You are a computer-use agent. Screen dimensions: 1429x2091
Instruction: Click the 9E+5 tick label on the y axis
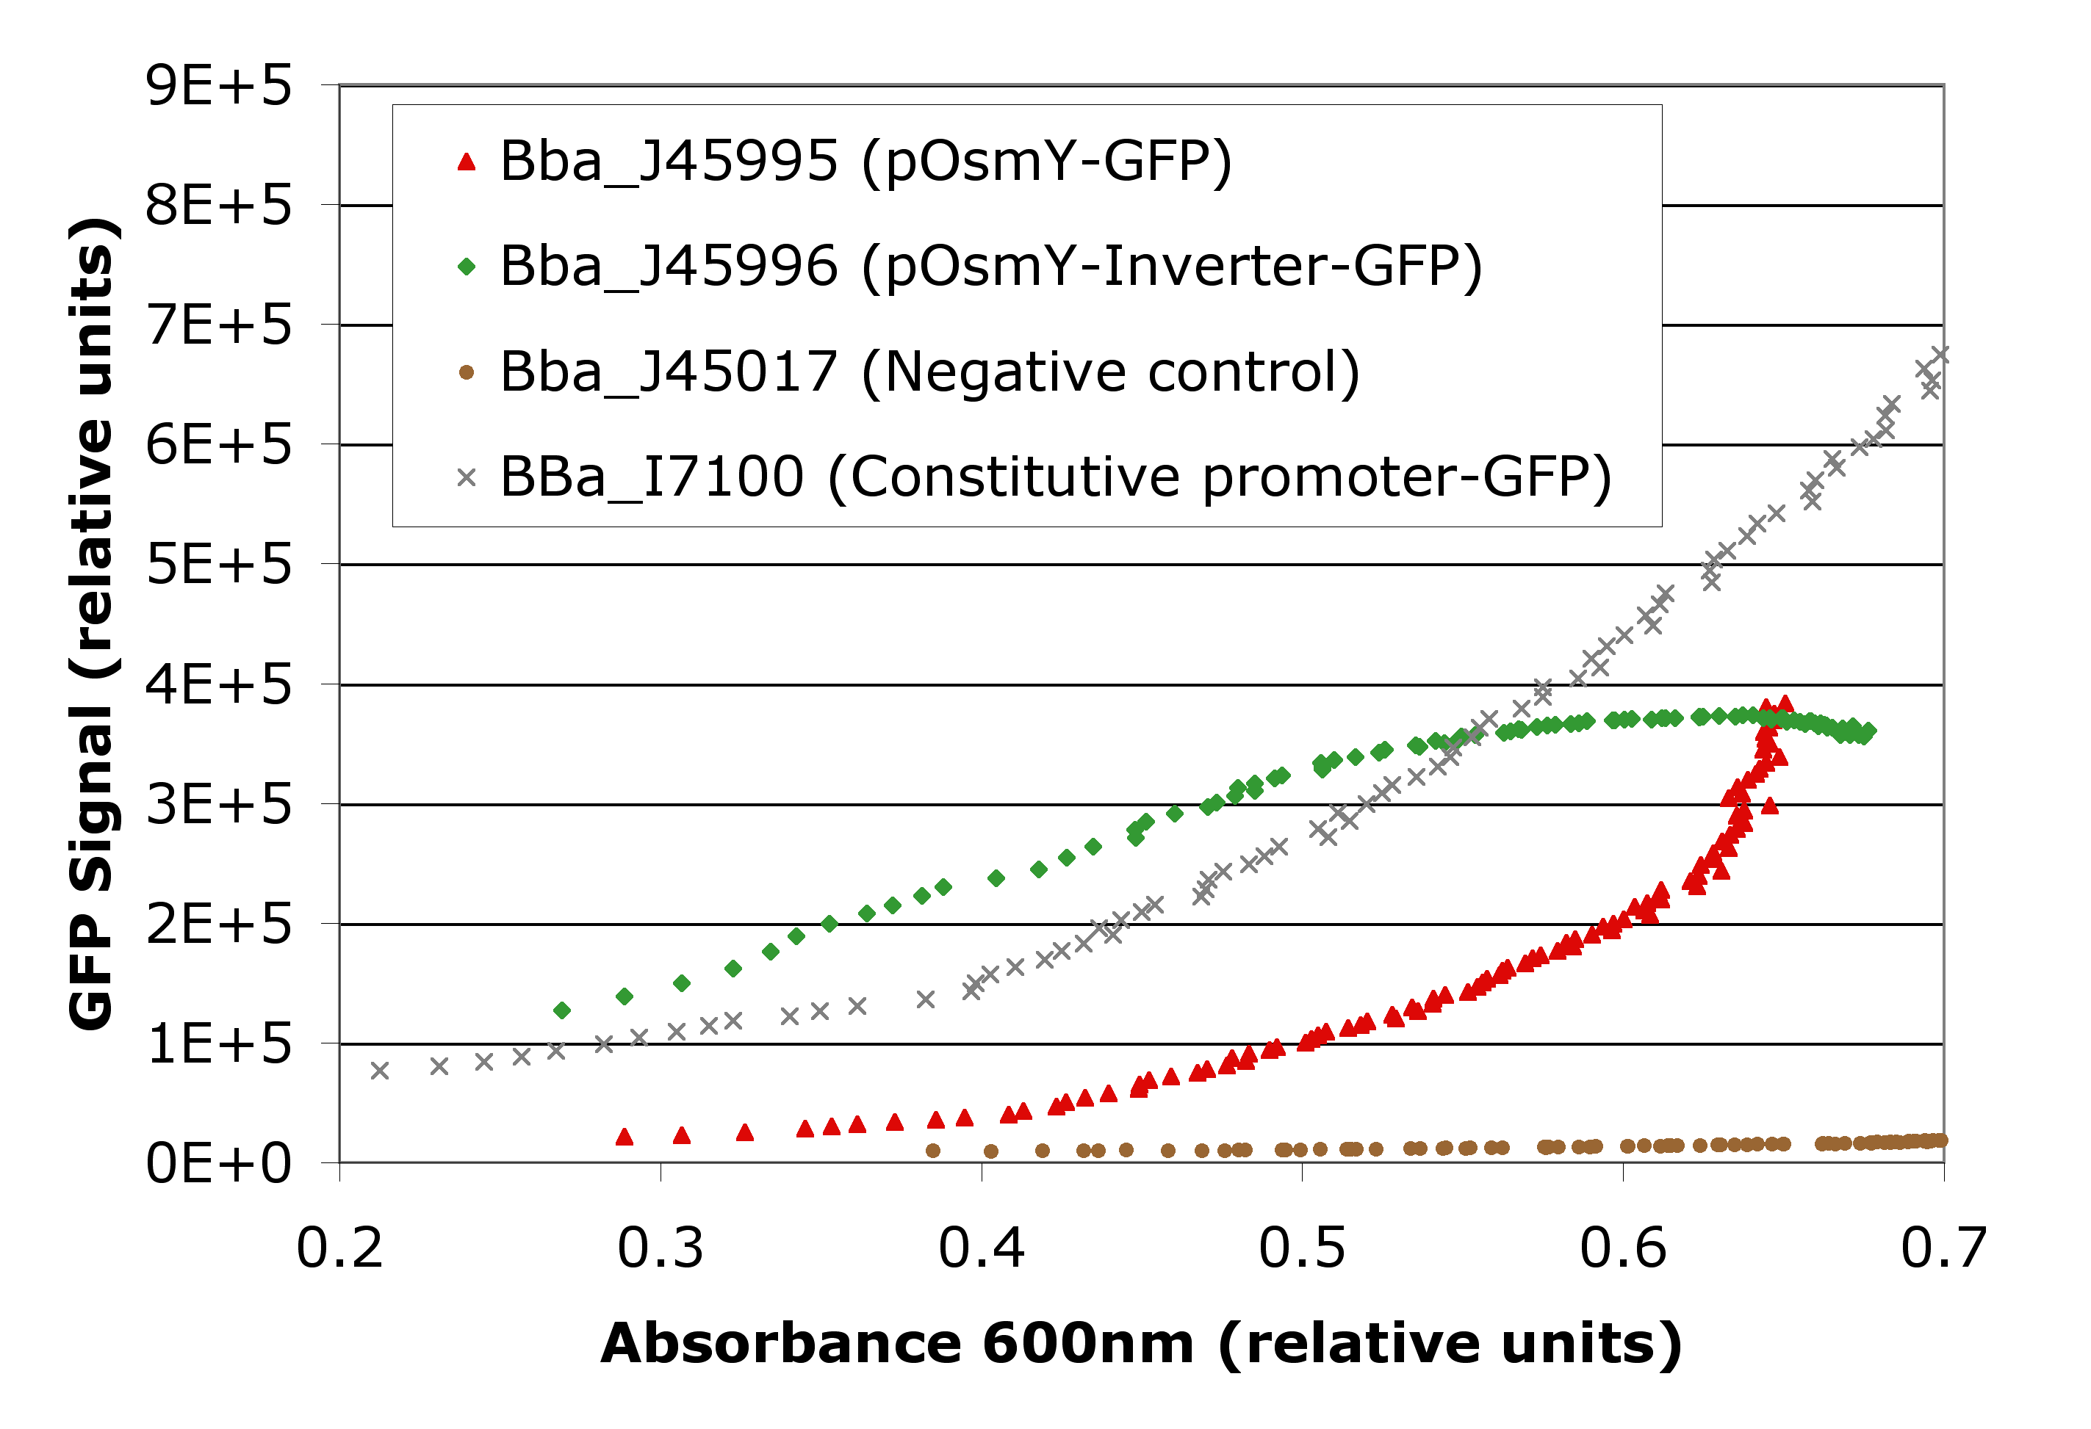tap(219, 87)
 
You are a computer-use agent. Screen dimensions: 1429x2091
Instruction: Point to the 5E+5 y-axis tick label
tap(219, 565)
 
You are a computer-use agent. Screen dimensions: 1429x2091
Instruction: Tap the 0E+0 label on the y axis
tap(219, 1164)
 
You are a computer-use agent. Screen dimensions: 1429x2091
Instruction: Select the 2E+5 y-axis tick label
tap(219, 925)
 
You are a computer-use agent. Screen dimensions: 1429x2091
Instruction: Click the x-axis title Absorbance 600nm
tap(1141, 1345)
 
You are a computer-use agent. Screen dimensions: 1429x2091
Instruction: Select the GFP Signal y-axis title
tap(92, 623)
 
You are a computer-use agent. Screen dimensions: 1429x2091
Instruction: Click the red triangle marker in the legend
tap(466, 162)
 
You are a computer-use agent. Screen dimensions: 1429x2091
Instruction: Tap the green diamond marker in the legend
tap(466, 267)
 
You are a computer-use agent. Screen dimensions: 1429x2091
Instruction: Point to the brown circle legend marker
tap(466, 372)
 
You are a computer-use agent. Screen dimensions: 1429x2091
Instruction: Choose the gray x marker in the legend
tap(466, 477)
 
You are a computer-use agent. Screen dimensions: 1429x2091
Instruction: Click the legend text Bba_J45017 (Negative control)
tap(929, 372)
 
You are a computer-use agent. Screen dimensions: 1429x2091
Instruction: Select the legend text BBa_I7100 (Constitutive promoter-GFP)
tap(1055, 477)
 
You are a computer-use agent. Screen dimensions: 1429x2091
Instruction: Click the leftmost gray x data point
tap(380, 1070)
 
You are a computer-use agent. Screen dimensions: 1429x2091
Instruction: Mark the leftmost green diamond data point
tap(562, 1011)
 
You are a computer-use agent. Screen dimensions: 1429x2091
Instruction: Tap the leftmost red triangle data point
tap(625, 1137)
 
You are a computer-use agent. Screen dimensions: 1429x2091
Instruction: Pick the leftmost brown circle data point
tap(933, 1150)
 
